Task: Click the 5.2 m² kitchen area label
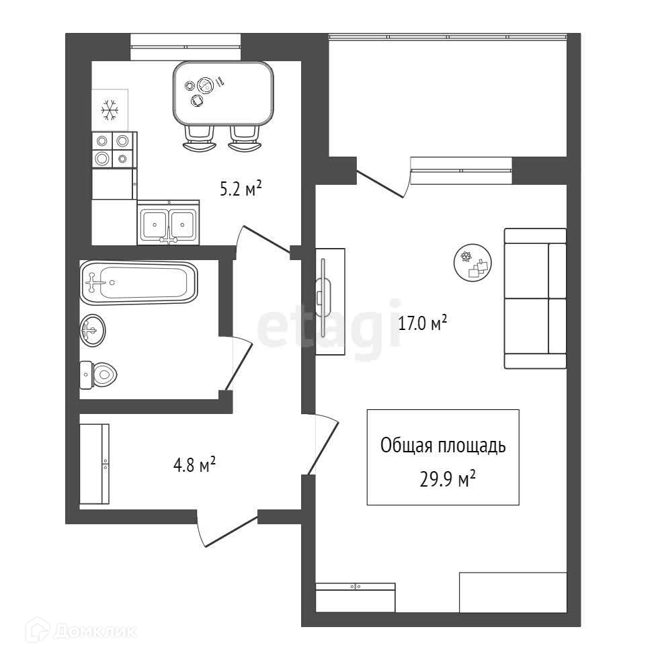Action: click(x=241, y=190)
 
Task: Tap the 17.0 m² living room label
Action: click(x=423, y=324)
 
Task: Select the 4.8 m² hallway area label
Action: click(x=194, y=464)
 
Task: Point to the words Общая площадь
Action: click(x=443, y=446)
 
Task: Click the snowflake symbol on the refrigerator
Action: click(x=109, y=110)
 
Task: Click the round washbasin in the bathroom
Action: click(x=93, y=330)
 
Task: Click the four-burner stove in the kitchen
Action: click(x=113, y=149)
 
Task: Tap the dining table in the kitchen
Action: click(x=223, y=93)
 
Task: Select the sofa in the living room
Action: click(x=535, y=298)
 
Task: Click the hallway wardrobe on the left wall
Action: click(x=93, y=464)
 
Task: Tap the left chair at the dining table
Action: click(x=199, y=138)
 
